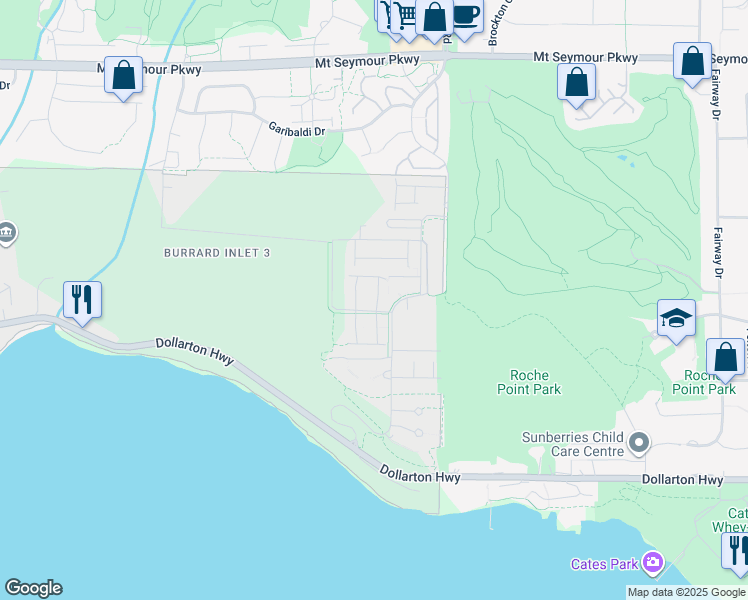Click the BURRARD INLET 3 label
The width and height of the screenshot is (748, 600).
tap(217, 254)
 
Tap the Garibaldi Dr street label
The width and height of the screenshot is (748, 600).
tap(298, 129)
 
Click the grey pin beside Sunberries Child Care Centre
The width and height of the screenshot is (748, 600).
tap(640, 441)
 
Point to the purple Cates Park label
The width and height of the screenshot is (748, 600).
tap(603, 564)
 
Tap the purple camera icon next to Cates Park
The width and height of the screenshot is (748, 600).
tap(653, 563)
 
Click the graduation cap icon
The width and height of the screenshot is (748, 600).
tap(676, 319)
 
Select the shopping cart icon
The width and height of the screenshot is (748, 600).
tap(404, 15)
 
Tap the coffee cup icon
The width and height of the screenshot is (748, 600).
tap(465, 15)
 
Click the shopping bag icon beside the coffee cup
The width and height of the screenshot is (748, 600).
tap(435, 17)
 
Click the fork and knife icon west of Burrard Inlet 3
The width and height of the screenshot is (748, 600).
tap(82, 299)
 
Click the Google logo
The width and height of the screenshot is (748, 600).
tap(33, 588)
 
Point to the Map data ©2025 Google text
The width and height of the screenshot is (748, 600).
tap(686, 592)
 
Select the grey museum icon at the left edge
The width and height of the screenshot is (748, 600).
tap(6, 235)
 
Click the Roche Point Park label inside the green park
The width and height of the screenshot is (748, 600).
tap(529, 382)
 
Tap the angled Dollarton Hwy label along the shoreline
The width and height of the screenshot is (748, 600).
tap(195, 351)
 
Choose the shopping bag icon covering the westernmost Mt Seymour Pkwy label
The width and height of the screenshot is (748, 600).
tap(123, 75)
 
